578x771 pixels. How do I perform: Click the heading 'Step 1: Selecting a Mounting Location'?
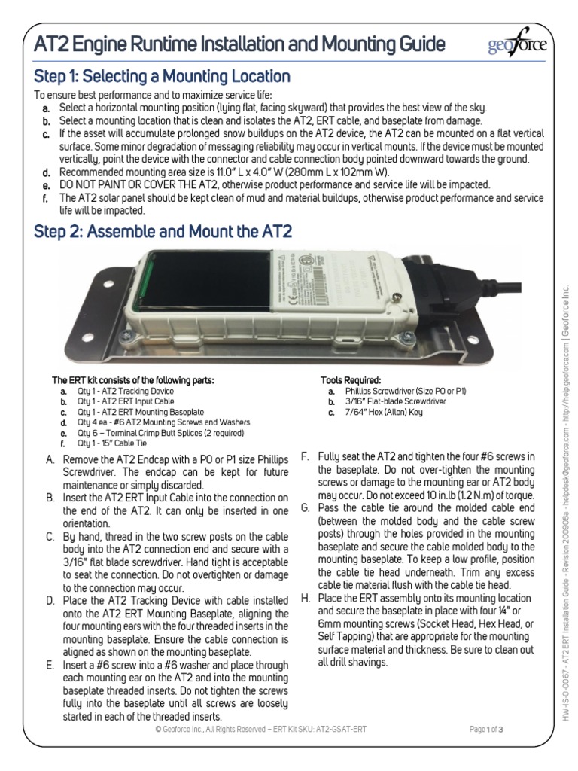click(163, 76)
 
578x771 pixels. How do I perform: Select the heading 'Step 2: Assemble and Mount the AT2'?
click(163, 231)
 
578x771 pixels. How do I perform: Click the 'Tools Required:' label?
click(351, 380)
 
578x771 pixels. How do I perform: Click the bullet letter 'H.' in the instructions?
click(305, 599)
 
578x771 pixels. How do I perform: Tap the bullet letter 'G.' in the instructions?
click(305, 508)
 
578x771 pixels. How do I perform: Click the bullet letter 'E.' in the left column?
click(50, 664)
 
